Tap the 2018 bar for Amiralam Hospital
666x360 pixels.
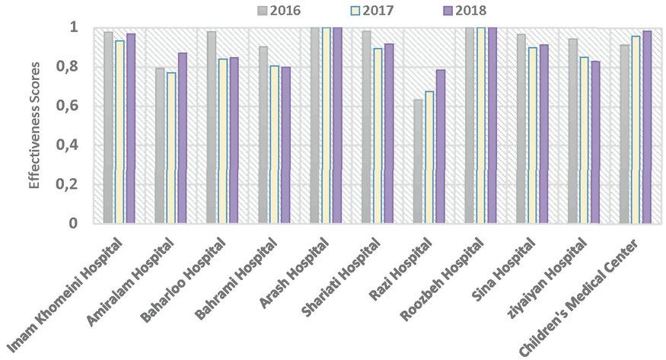pos(181,138)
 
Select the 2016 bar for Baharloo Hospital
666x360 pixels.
pos(212,127)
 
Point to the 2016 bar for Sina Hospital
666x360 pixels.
pos(521,129)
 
